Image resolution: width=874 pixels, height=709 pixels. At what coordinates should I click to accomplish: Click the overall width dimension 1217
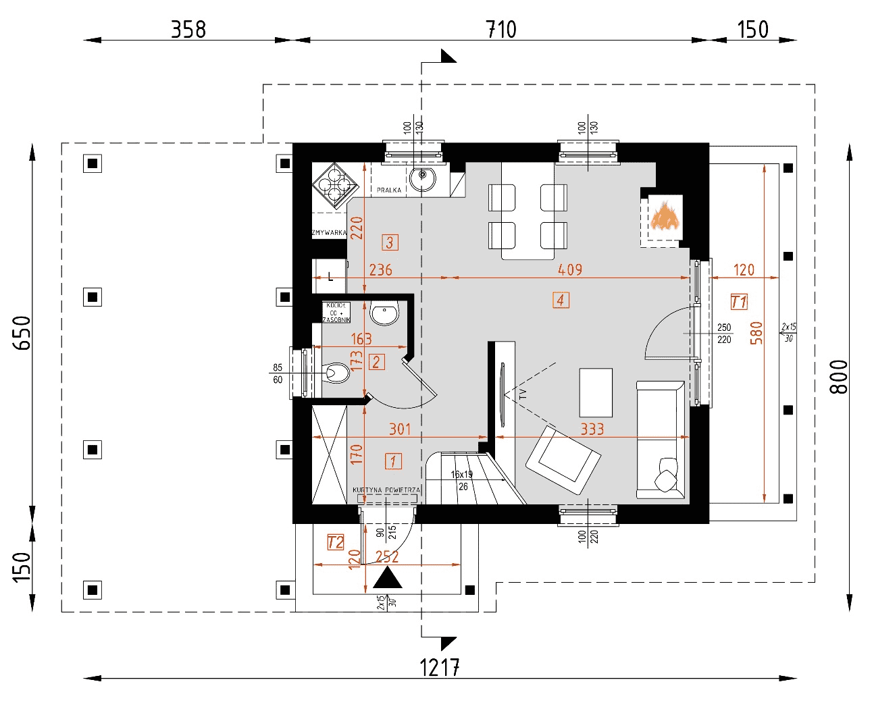pyautogui.click(x=440, y=667)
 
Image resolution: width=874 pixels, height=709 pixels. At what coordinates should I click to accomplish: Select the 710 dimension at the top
pyautogui.click(x=501, y=30)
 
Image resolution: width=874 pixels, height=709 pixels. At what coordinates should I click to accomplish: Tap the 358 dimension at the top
pyautogui.click(x=188, y=30)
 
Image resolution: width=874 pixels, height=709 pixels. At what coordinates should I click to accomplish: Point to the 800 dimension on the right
pyautogui.click(x=838, y=377)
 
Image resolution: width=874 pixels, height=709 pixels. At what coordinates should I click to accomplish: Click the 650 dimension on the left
pyautogui.click(x=22, y=333)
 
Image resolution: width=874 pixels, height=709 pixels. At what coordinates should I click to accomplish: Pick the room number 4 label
pyautogui.click(x=561, y=300)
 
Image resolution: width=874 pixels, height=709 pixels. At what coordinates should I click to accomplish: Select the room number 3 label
pyautogui.click(x=390, y=242)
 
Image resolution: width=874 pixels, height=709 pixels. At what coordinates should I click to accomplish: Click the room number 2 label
pyautogui.click(x=377, y=362)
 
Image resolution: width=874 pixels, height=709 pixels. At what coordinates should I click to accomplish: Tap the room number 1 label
pyautogui.click(x=393, y=461)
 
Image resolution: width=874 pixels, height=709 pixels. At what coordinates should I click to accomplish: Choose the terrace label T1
pyautogui.click(x=739, y=302)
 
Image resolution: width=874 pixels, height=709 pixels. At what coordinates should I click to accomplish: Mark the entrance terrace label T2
pyautogui.click(x=336, y=542)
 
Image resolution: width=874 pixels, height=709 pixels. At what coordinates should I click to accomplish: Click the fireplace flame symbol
pyautogui.click(x=665, y=216)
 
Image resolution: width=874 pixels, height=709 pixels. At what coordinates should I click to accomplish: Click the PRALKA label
pyautogui.click(x=389, y=190)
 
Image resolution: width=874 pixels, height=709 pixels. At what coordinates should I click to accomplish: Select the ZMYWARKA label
pyautogui.click(x=329, y=233)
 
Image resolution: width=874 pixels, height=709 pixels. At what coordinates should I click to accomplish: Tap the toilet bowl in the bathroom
pyautogui.click(x=338, y=372)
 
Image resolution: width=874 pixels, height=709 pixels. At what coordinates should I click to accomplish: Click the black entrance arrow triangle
pyautogui.click(x=388, y=579)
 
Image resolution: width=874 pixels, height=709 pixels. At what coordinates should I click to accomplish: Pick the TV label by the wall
pyautogui.click(x=523, y=394)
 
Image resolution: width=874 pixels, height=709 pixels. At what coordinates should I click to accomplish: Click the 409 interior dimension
pyautogui.click(x=570, y=269)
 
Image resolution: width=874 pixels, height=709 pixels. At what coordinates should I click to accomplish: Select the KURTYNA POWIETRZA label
pyautogui.click(x=386, y=490)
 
